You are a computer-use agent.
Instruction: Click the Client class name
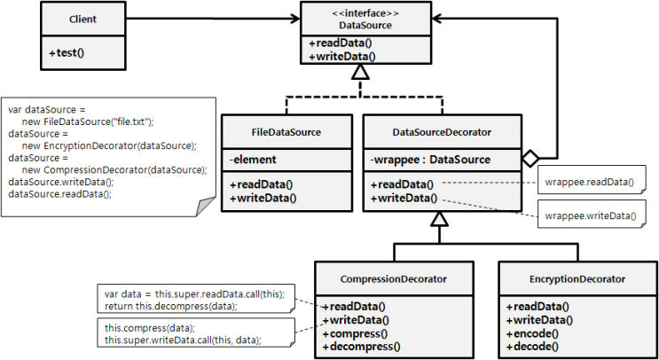click(x=83, y=19)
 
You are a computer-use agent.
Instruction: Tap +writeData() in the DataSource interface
click(x=342, y=56)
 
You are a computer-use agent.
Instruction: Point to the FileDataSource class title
click(x=286, y=132)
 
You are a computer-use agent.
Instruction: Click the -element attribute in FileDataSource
click(x=253, y=160)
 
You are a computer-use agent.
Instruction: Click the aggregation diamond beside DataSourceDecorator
click(x=530, y=159)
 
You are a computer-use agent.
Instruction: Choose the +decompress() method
click(x=361, y=347)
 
